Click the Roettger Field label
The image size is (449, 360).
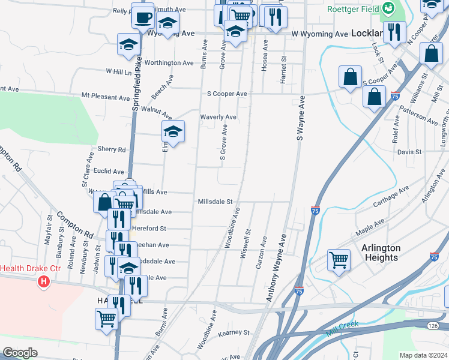tap(353, 9)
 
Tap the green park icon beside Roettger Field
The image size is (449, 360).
tap(388, 8)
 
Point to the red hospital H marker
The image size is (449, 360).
tap(43, 281)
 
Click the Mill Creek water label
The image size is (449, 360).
tap(342, 329)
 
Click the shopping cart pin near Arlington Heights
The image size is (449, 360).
tap(339, 260)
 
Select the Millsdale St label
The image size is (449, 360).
tap(215, 202)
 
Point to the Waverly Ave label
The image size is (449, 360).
tap(218, 117)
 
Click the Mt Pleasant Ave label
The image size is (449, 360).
tap(106, 97)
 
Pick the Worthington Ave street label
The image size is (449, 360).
tap(169, 63)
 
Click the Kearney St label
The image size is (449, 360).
tap(234, 332)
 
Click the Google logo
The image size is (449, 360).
tap(20, 353)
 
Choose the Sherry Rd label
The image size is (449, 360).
tap(112, 149)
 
